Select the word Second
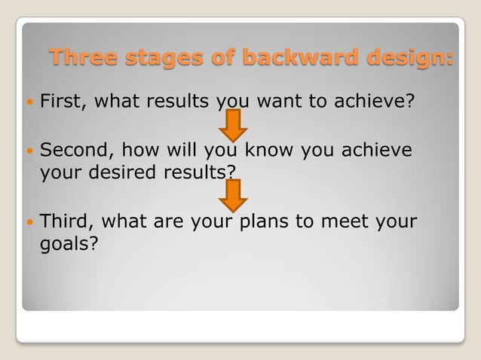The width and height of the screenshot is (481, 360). pos(75,150)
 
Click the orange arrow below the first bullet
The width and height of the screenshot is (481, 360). pos(234,124)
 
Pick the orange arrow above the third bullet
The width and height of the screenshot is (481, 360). pos(234,194)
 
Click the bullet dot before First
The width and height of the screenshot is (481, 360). pos(29,100)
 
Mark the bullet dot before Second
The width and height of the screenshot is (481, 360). pos(29,151)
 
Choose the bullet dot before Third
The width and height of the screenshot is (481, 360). pos(29,222)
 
